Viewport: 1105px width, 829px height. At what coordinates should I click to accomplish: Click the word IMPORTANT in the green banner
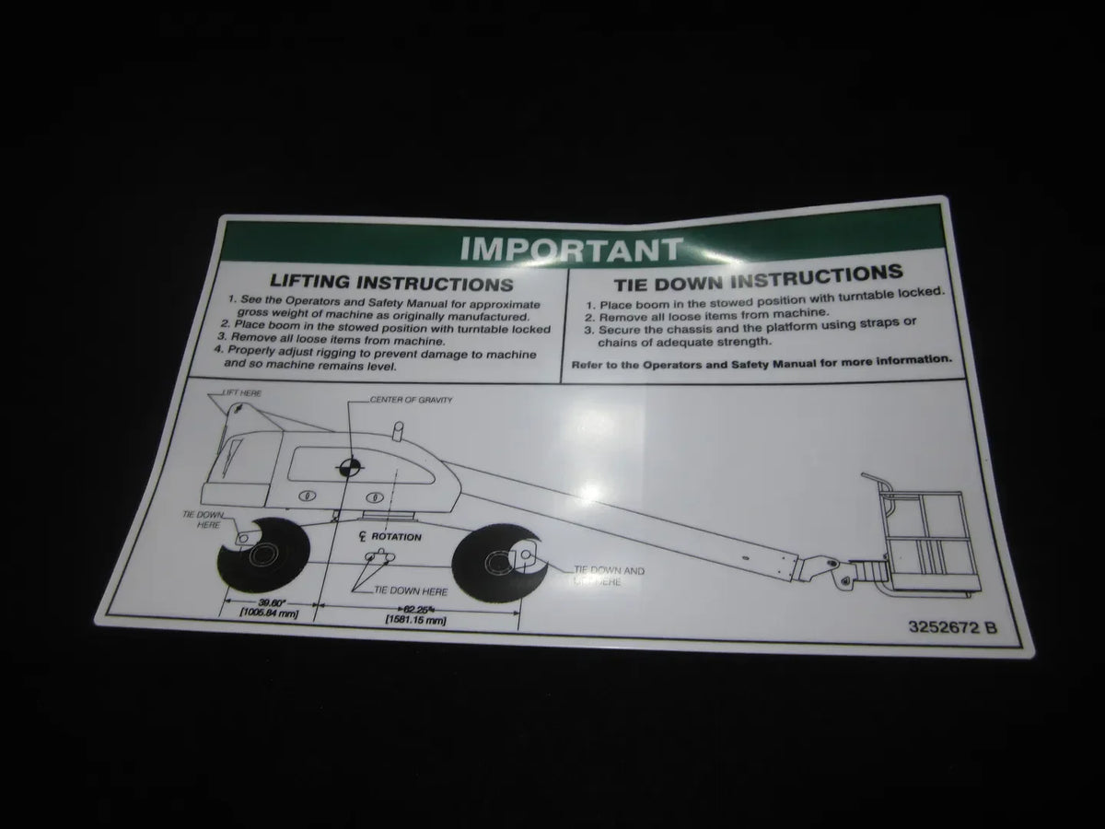tap(571, 249)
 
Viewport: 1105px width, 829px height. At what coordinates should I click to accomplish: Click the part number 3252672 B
tap(952, 629)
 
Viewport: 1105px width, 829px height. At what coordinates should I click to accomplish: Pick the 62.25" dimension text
tap(417, 609)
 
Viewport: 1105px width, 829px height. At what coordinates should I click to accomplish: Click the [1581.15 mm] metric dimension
tap(417, 621)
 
